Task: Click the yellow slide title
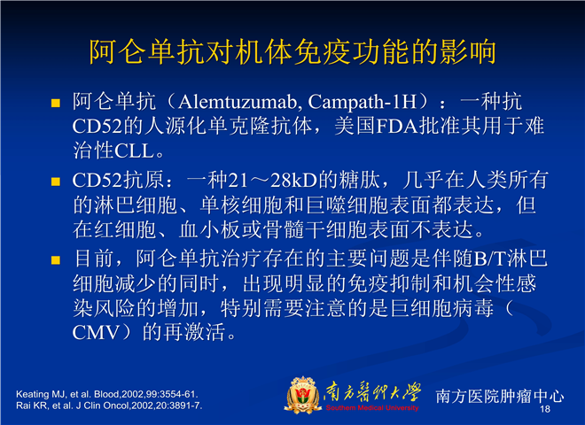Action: (x=292, y=51)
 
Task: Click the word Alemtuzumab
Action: (x=238, y=102)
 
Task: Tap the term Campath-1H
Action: (x=362, y=102)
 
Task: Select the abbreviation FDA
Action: (x=397, y=127)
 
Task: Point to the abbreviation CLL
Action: (x=135, y=151)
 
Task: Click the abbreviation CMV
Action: (x=96, y=333)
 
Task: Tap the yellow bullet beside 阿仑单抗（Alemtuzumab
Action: (x=56, y=103)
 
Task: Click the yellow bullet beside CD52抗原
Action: (x=56, y=182)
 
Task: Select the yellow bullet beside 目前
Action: (x=56, y=259)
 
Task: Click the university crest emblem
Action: (x=302, y=395)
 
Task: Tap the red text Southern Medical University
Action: (x=372, y=408)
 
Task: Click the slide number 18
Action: (x=545, y=409)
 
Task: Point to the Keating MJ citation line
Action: (x=107, y=394)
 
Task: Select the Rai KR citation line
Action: (x=109, y=406)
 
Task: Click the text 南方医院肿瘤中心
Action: (x=500, y=396)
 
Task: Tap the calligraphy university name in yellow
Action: (x=372, y=392)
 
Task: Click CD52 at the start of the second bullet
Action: (x=97, y=180)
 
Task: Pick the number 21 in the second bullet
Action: (x=238, y=180)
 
